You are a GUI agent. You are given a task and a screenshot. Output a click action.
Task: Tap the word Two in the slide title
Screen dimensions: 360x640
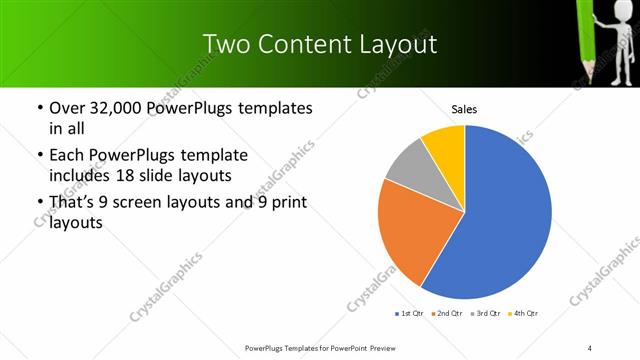223,45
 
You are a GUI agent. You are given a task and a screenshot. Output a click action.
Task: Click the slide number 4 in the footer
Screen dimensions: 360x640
590,347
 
